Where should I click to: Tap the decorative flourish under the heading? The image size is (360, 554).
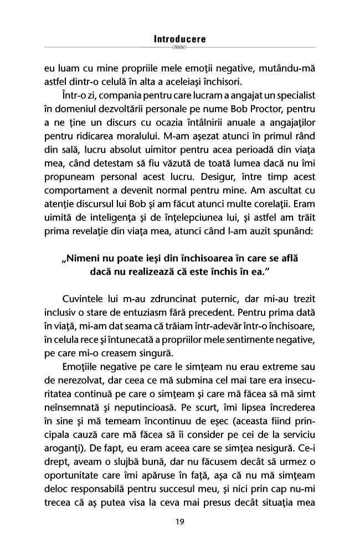point(179,48)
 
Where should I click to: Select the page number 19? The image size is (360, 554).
point(179,522)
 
